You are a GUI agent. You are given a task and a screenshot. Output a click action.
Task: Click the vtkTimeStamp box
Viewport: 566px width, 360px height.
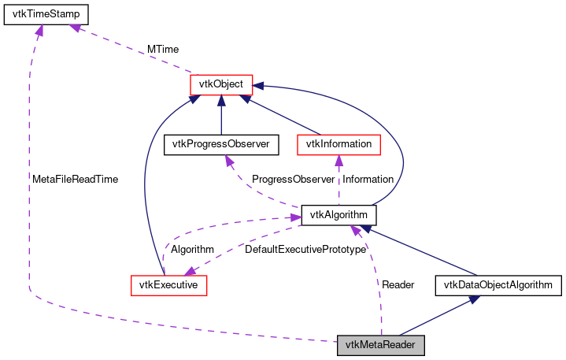[46, 14]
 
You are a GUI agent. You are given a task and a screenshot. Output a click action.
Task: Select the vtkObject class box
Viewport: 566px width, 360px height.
[220, 84]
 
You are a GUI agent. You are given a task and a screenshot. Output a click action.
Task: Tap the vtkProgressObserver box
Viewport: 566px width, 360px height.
[216, 144]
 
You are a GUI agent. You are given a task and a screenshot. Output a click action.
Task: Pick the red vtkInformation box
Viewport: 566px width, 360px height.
[338, 144]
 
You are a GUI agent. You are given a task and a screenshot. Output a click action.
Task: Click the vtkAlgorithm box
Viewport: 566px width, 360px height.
[338, 214]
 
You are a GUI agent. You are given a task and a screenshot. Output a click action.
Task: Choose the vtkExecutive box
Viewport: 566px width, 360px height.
[168, 284]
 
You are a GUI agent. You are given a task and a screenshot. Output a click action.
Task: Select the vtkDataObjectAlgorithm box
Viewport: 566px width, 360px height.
[498, 284]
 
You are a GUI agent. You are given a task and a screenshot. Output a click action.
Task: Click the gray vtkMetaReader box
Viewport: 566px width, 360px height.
[381, 345]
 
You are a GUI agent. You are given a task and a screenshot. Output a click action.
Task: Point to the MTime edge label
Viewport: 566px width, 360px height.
[163, 50]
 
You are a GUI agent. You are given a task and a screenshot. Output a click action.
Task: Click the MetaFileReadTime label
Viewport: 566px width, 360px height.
[75, 179]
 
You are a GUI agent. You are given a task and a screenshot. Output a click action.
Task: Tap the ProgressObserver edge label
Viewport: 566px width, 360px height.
[293, 179]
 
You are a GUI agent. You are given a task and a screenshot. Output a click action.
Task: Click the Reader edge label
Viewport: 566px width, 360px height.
[398, 284]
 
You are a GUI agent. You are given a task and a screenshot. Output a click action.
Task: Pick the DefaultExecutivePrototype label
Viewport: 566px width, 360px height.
[305, 249]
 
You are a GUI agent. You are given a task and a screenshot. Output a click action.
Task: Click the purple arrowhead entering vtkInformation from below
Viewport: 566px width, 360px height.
[338, 160]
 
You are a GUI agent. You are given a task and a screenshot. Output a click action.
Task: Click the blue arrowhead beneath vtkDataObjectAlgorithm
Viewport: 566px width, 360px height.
[474, 300]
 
